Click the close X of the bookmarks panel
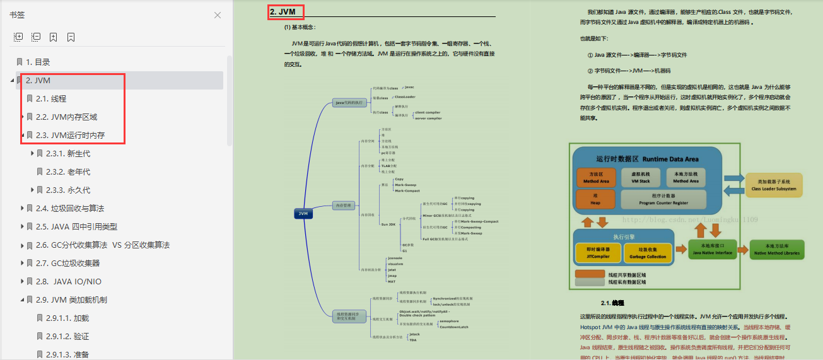click(218, 15)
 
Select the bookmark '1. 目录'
click(38, 62)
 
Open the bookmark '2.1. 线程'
click(51, 98)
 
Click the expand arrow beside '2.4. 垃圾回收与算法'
click(22, 208)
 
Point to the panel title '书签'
click(17, 15)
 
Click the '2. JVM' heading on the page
click(283, 11)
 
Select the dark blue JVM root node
click(303, 214)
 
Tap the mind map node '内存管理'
click(343, 205)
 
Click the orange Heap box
click(594, 199)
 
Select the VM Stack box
click(640, 177)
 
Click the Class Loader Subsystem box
click(774, 185)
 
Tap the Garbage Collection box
click(648, 253)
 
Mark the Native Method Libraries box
click(777, 249)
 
